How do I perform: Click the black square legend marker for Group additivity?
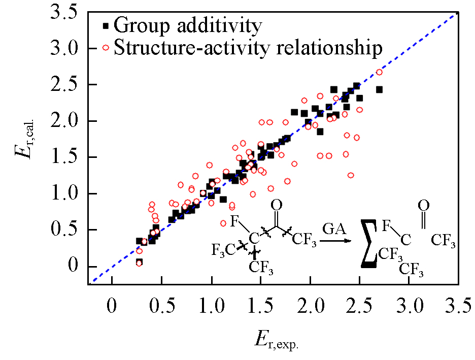point(106,25)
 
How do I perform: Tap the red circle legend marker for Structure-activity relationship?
point(106,48)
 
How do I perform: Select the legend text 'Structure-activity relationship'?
point(248,48)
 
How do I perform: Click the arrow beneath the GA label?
point(337,240)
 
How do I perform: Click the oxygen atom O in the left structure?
point(276,205)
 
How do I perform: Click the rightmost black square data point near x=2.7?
point(379,90)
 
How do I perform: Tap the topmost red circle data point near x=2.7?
point(379,72)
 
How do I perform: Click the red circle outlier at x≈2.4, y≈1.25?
point(350,175)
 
